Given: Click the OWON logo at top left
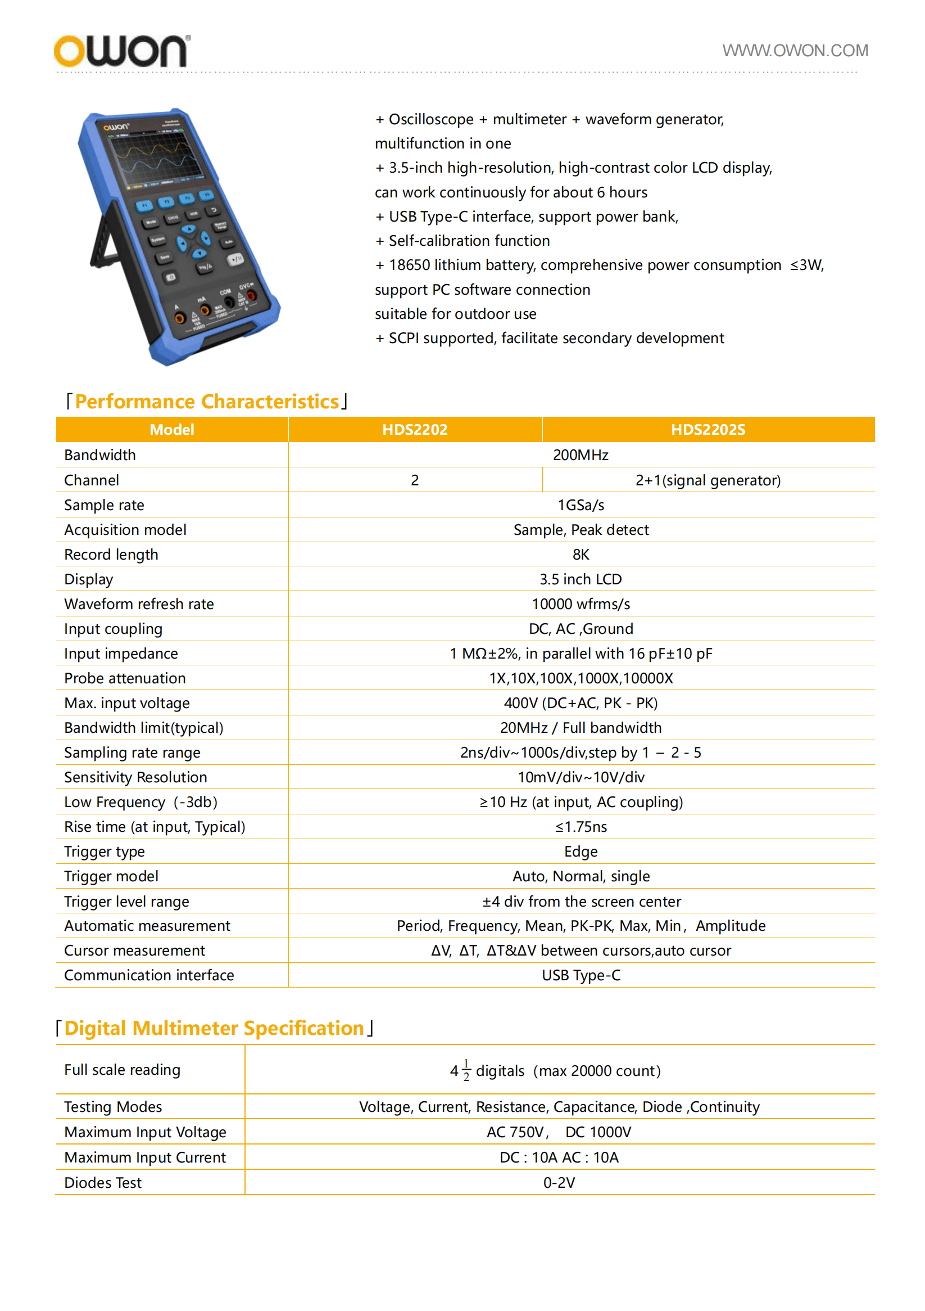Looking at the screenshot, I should pyautogui.click(x=121, y=51).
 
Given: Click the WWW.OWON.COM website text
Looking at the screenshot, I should pyautogui.click(x=794, y=51).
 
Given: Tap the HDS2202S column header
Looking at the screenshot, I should pyautogui.click(x=707, y=429).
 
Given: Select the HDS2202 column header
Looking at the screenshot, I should pyautogui.click(x=414, y=429).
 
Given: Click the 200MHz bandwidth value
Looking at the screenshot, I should pyautogui.click(x=581, y=454).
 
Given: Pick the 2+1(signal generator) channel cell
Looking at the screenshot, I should pyautogui.click(x=707, y=480).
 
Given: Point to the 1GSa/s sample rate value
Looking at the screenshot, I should pyautogui.click(x=581, y=504).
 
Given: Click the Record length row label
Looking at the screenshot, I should pyautogui.click(x=111, y=555).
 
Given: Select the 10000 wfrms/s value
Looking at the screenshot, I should pyautogui.click(x=581, y=604).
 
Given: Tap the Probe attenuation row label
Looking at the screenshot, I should pyautogui.click(x=124, y=678).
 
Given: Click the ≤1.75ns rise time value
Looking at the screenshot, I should pyautogui.click(x=581, y=827).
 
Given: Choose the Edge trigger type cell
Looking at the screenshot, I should pyautogui.click(x=581, y=852).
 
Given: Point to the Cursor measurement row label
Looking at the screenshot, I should pyautogui.click(x=134, y=950).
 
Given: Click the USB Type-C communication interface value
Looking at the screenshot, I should pyautogui.click(x=581, y=975).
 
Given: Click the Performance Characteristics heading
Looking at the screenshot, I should pyautogui.click(x=207, y=402).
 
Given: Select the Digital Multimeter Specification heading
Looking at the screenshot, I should pyautogui.click(x=214, y=1028).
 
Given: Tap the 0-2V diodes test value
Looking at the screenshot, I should pyautogui.click(x=559, y=1183).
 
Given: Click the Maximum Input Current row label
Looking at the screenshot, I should pyautogui.click(x=145, y=1157).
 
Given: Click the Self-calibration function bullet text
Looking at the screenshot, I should pyautogui.click(x=469, y=241).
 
